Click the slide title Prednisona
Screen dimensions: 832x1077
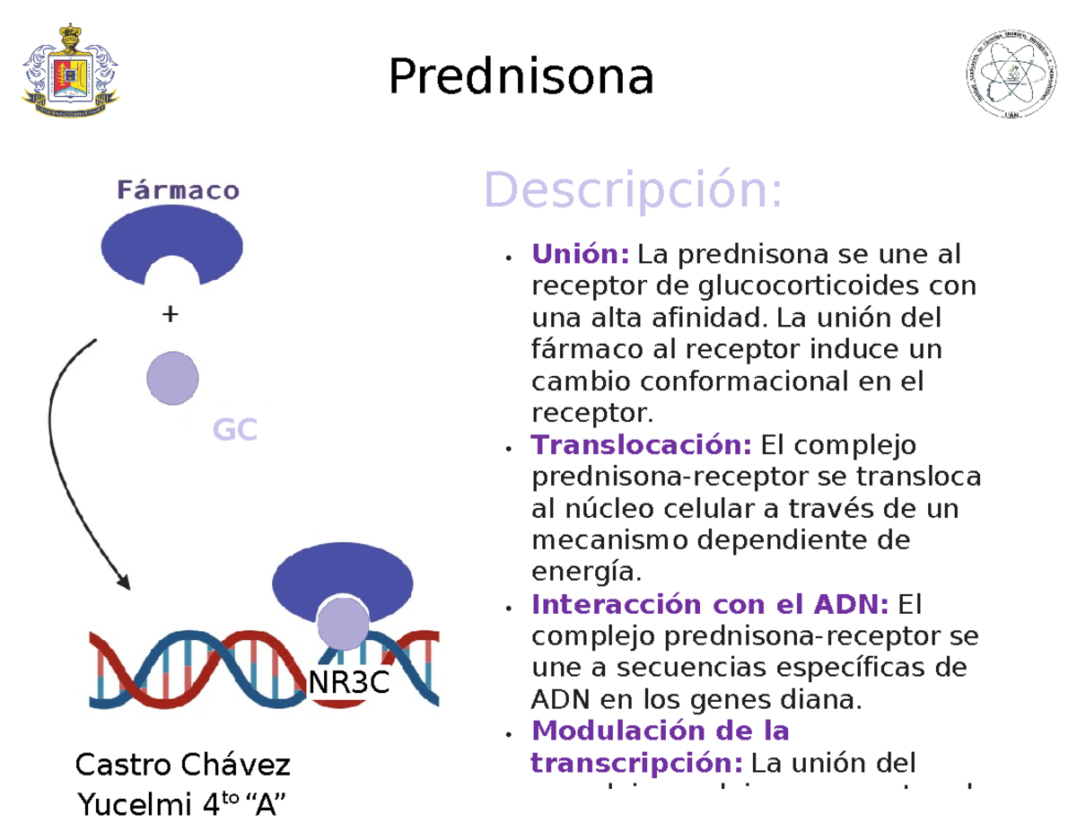coord(521,77)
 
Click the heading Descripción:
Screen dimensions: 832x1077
coord(633,189)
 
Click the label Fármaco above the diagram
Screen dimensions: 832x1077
coord(178,190)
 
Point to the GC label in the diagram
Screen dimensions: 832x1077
coord(235,431)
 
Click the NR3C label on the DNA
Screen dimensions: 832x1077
coord(349,683)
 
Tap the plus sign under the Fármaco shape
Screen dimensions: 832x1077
coord(170,314)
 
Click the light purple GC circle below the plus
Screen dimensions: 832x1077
coord(172,378)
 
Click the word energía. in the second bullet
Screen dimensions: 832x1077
coord(588,571)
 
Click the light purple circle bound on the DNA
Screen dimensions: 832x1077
coord(342,624)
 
